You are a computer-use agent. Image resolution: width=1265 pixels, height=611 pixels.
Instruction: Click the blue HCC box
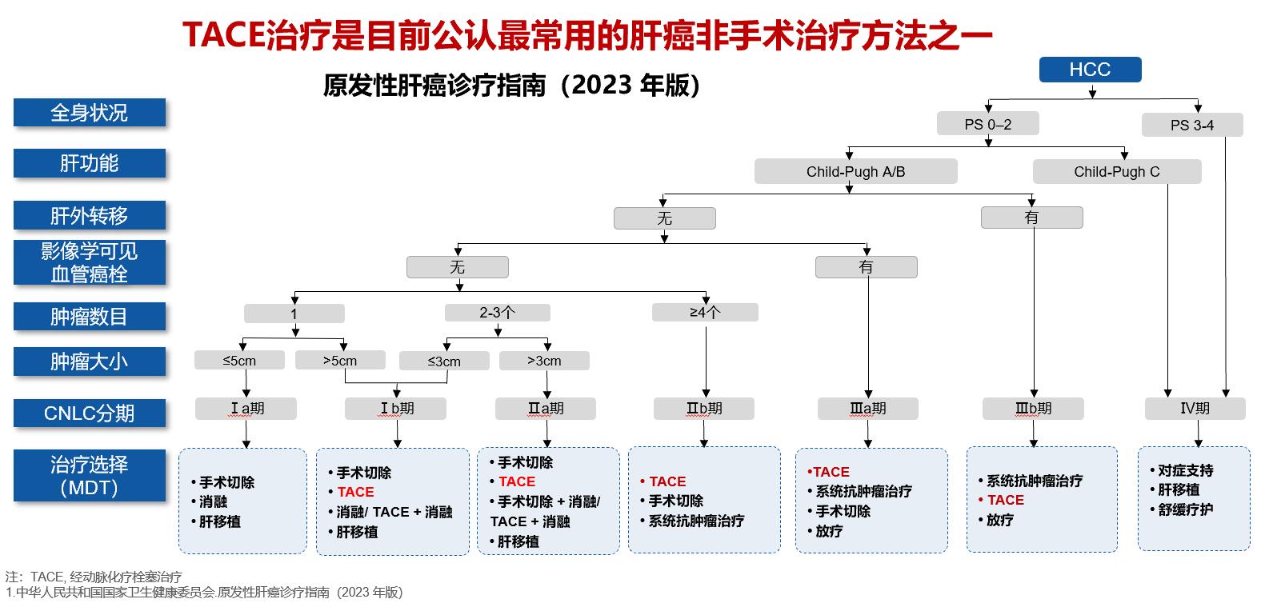(1090, 70)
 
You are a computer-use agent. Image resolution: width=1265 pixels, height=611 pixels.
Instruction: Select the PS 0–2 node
(988, 124)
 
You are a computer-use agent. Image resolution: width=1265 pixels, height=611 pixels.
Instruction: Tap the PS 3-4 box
(1191, 125)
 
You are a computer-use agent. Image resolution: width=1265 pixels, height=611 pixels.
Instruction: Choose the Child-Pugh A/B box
(855, 171)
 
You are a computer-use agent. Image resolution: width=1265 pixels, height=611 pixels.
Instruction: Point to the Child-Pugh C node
(1116, 171)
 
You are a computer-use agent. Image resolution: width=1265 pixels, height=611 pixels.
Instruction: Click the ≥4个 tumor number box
(704, 312)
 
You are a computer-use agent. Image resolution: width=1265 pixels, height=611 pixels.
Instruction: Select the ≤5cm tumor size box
(239, 360)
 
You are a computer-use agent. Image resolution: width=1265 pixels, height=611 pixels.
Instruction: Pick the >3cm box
(544, 361)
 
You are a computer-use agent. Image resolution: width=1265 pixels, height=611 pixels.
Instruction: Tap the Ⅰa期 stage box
(246, 409)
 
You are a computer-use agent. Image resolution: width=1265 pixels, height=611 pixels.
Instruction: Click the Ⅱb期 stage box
(704, 409)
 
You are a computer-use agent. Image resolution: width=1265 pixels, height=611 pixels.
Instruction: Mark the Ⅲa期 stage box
(867, 409)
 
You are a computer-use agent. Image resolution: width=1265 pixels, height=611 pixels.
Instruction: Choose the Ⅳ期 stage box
(1195, 409)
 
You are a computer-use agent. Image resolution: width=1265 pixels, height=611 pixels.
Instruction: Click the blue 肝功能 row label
(89, 163)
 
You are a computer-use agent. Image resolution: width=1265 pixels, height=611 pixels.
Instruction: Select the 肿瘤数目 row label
(89, 317)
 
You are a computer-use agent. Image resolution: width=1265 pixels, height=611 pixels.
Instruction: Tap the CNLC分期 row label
(89, 413)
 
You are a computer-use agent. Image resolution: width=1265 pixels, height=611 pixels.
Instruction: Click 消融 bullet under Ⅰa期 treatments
(214, 502)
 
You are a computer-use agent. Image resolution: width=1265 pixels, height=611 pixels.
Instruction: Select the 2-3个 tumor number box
(497, 313)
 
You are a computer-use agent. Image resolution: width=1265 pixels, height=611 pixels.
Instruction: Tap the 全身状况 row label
(89, 113)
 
